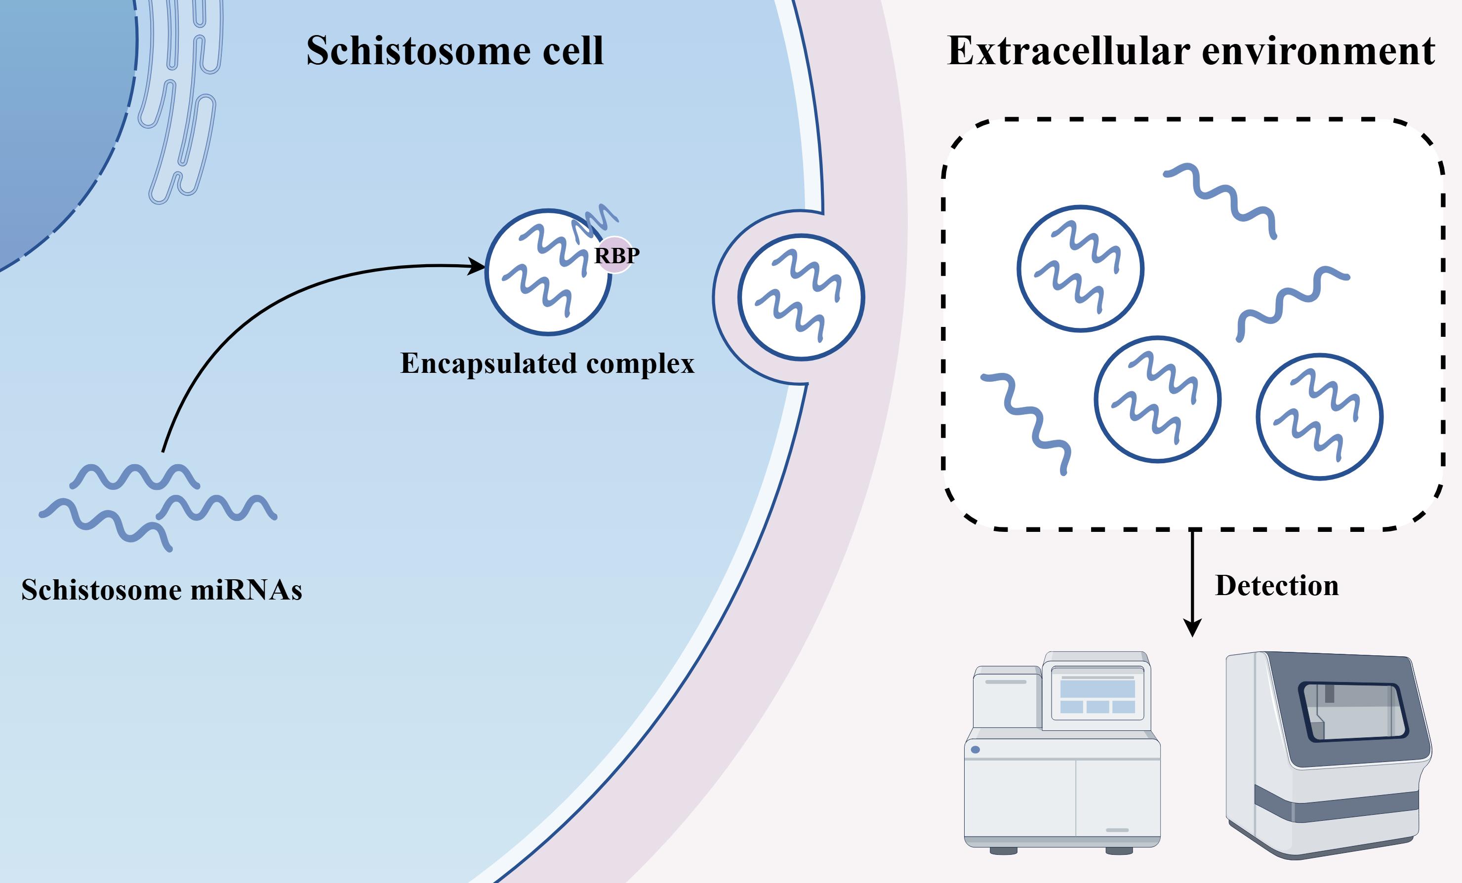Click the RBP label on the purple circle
(616, 256)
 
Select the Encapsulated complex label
(547, 363)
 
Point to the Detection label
(1277, 586)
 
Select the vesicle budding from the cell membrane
(801, 297)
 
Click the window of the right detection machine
(1353, 712)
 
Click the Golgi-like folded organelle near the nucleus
(181, 101)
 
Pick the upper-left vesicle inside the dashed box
(1080, 268)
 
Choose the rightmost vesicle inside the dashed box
(1320, 417)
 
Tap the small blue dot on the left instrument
(975, 750)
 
